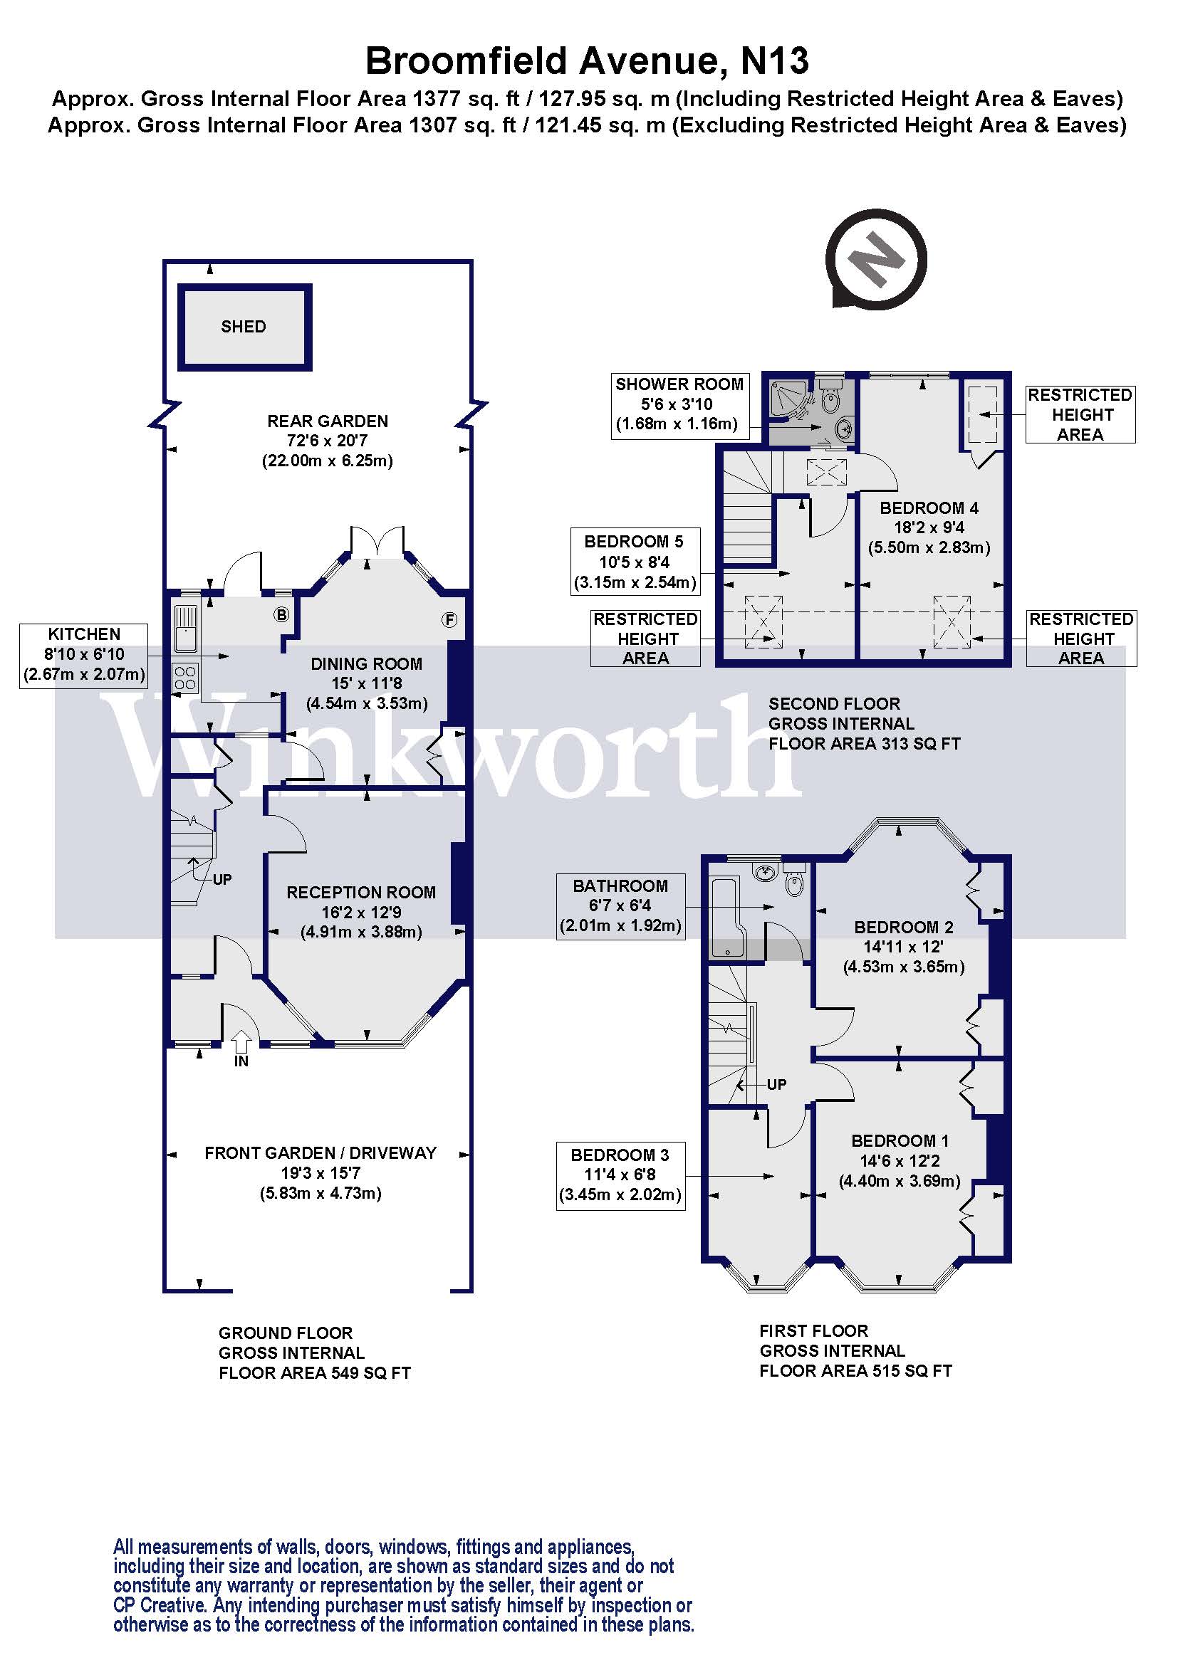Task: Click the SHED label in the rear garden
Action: [244, 327]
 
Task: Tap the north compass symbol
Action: [876, 259]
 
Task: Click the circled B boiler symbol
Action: [281, 615]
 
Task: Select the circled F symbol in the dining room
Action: [449, 620]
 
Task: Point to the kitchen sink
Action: [186, 628]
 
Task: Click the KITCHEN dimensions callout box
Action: [84, 655]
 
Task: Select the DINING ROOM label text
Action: [366, 663]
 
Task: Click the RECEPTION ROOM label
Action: [361, 893]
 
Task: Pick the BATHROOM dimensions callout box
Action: [620, 905]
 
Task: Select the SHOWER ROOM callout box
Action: [679, 404]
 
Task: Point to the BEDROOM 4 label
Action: [929, 508]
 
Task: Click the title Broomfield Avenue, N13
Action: [587, 61]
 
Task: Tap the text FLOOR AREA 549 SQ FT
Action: [315, 1372]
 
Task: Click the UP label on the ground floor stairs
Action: [222, 880]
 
